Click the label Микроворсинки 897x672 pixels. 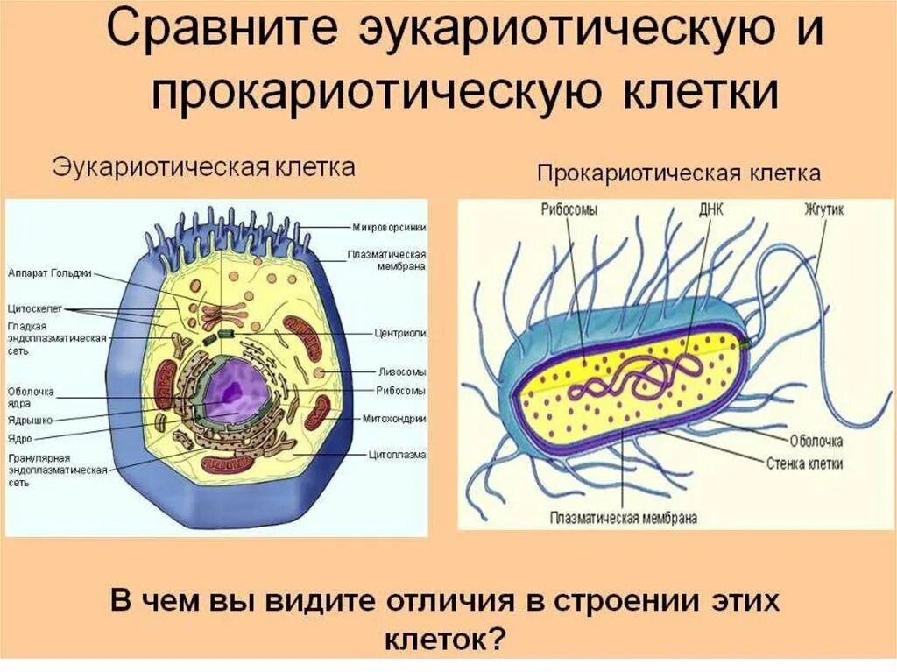tap(389, 227)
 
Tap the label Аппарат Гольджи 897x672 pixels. tap(49, 273)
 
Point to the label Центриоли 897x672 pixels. tap(402, 334)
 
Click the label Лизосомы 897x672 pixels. tap(402, 371)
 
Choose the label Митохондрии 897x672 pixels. tap(393, 418)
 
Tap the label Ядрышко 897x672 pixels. tap(30, 420)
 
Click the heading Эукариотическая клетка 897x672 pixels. tap(204, 166)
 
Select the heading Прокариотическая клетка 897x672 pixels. tap(678, 173)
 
